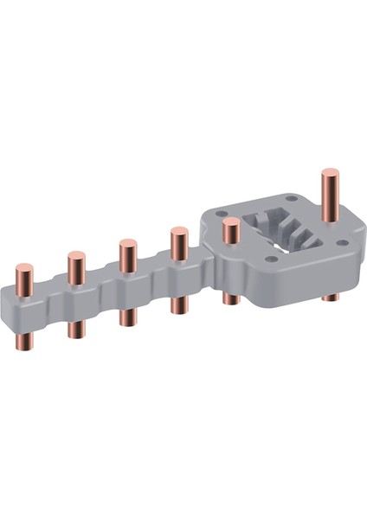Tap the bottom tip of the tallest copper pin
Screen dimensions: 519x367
pos(331,298)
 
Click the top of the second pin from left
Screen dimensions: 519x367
pos(74,257)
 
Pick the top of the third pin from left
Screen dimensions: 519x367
pos(127,244)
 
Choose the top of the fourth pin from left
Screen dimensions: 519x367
pos(179,233)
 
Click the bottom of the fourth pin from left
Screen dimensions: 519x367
pos(179,310)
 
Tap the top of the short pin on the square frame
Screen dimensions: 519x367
pos(230,224)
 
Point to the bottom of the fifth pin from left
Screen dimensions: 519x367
pos(230,301)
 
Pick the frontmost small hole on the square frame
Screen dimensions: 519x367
pos(271,258)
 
